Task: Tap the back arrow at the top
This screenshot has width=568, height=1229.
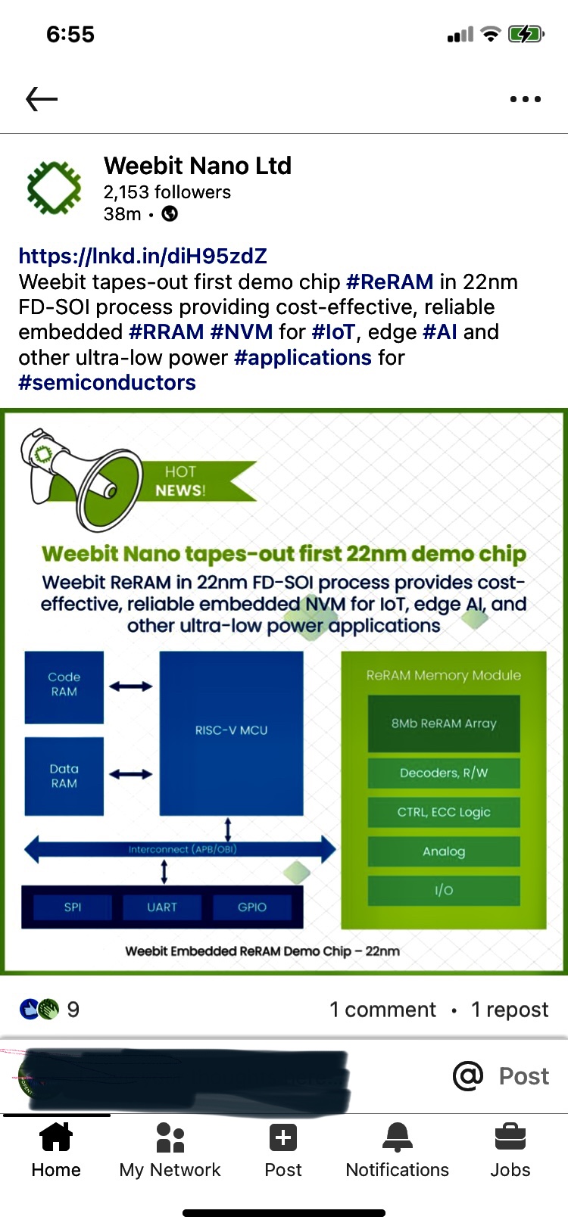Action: [x=42, y=98]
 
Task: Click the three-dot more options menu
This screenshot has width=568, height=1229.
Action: [x=525, y=99]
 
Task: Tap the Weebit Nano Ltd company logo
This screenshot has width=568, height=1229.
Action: [x=54, y=187]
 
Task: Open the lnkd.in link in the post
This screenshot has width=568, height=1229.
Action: [x=143, y=256]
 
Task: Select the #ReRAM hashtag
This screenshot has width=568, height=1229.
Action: [x=389, y=282]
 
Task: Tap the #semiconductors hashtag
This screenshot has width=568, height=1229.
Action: [x=107, y=382]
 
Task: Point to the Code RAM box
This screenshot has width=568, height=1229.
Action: [x=64, y=687]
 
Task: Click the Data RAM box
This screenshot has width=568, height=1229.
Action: [x=64, y=776]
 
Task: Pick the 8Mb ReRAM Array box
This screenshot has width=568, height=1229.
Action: [x=444, y=723]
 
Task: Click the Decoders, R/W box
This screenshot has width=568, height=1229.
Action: [x=444, y=773]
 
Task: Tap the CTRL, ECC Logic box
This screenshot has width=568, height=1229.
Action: [x=444, y=812]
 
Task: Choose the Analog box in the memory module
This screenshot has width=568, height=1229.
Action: [x=444, y=851]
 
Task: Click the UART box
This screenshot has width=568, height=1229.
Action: [x=162, y=907]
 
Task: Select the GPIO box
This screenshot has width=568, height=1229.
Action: [x=252, y=907]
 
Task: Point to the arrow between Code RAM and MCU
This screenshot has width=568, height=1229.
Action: [x=131, y=686]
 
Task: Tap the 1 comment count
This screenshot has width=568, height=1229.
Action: [x=382, y=1009]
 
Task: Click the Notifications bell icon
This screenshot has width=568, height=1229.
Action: [x=397, y=1137]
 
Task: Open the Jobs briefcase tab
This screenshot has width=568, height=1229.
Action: [x=510, y=1137]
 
